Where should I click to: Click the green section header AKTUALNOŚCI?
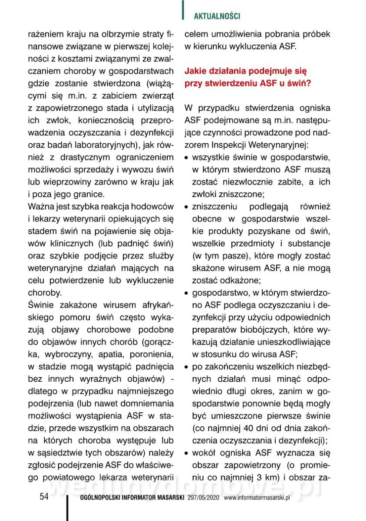tap(217, 16)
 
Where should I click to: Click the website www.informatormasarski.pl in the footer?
tap(257, 498)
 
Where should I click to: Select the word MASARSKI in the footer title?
tap(168, 498)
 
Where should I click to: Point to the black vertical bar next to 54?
tap(67, 506)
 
